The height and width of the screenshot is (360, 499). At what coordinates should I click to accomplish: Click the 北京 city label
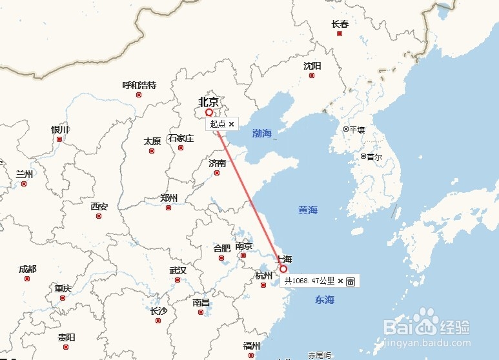pos(209,101)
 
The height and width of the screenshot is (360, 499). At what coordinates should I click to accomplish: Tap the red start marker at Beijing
pos(209,112)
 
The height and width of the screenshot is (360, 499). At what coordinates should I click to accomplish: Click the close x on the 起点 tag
pos(231,124)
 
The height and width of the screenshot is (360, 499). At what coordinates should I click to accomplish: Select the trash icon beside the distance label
pos(351,281)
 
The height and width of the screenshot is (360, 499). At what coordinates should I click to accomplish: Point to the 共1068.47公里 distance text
pos(310,281)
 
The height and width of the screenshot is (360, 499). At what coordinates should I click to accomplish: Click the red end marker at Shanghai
pos(283,268)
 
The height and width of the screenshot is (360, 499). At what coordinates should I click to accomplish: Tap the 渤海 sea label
pos(262,134)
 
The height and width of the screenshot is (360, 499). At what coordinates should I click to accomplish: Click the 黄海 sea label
pos(308,210)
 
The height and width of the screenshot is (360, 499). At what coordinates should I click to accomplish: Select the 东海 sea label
pos(325,299)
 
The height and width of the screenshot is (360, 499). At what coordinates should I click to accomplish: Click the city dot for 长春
pos(340,34)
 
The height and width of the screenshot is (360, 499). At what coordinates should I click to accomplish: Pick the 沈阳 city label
pos(312,66)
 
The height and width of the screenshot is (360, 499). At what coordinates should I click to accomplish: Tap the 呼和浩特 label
pos(139,85)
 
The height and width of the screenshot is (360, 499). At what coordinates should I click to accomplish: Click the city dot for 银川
pos(59,139)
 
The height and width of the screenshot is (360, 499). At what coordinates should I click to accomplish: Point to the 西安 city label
pos(99,206)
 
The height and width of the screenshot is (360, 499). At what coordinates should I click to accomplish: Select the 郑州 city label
pos(168,198)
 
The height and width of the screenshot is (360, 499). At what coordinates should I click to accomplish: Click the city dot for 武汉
pos(178,280)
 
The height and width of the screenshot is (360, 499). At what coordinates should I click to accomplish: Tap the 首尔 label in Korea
pos(374,156)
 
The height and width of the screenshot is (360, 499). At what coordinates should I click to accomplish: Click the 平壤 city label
pos(357,129)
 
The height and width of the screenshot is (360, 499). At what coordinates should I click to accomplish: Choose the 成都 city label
pos(28,269)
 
